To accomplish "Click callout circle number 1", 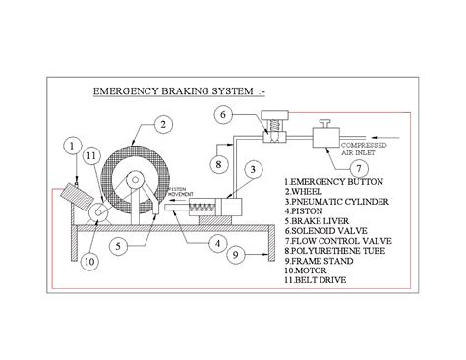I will (x=71, y=148).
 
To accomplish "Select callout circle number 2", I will (x=166, y=124).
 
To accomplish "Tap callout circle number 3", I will (x=253, y=171).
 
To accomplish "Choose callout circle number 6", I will (x=223, y=116).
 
